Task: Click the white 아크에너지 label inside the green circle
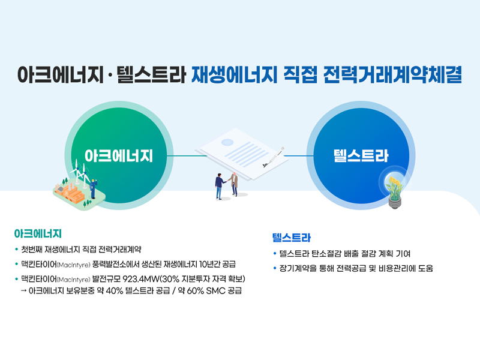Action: click(119, 156)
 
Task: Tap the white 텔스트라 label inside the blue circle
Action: click(361, 156)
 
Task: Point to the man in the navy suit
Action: click(220, 187)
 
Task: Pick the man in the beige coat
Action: click(234, 184)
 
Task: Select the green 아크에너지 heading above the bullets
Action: click(38, 234)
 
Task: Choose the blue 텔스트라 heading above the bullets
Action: click(292, 238)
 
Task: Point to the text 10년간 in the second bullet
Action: click(209, 264)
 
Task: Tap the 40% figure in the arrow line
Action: click(115, 291)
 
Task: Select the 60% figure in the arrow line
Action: click(196, 291)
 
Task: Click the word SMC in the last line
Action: click(216, 291)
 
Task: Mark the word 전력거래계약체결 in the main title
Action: click(392, 74)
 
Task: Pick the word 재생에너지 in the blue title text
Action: click(234, 74)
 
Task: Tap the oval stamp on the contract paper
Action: click(227, 142)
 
